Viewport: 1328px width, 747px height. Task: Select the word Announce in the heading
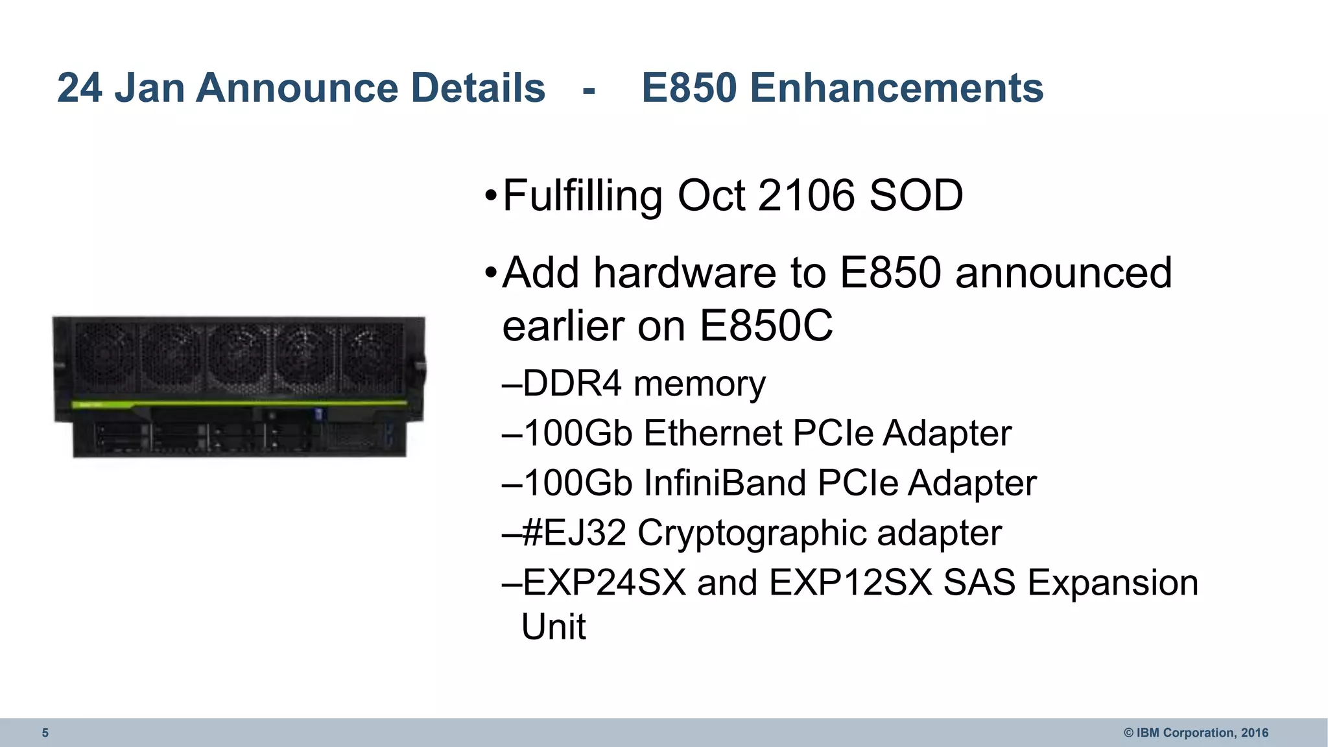click(296, 88)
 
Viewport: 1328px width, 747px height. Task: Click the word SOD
click(916, 195)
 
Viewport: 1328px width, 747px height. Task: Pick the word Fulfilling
click(582, 196)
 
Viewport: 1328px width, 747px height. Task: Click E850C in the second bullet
click(766, 326)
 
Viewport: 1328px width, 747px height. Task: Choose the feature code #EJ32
click(574, 533)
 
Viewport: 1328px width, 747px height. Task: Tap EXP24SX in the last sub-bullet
click(604, 582)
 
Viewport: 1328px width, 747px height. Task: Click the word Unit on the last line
click(554, 626)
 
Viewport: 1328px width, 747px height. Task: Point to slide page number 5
click(45, 733)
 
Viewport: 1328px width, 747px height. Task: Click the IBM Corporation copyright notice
click(1196, 733)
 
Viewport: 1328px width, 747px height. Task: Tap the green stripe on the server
click(240, 403)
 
